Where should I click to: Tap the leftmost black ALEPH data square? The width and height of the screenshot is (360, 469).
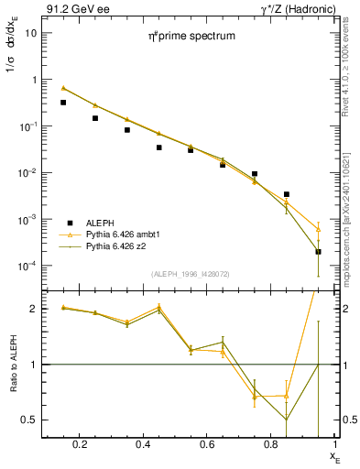(63, 103)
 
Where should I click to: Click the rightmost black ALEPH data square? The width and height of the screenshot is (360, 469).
(318, 251)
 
